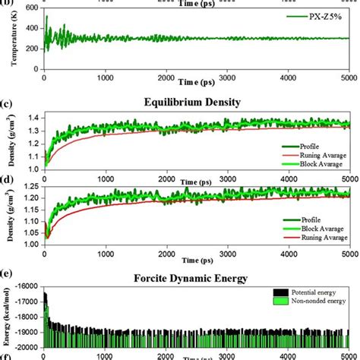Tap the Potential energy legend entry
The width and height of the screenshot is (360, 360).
314,292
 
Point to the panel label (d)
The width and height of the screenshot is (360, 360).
7,180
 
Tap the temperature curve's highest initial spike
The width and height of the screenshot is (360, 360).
46,17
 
